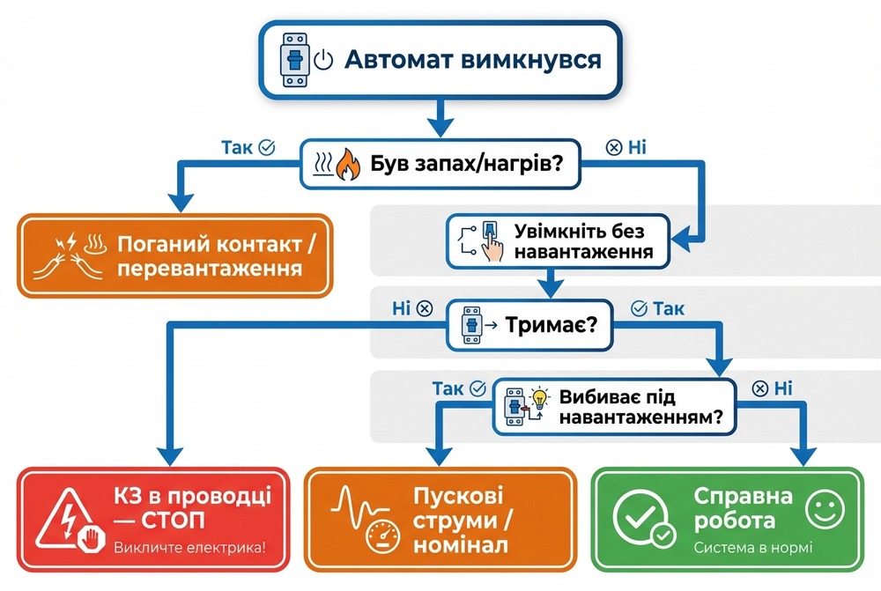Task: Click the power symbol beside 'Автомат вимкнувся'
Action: coord(323,61)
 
